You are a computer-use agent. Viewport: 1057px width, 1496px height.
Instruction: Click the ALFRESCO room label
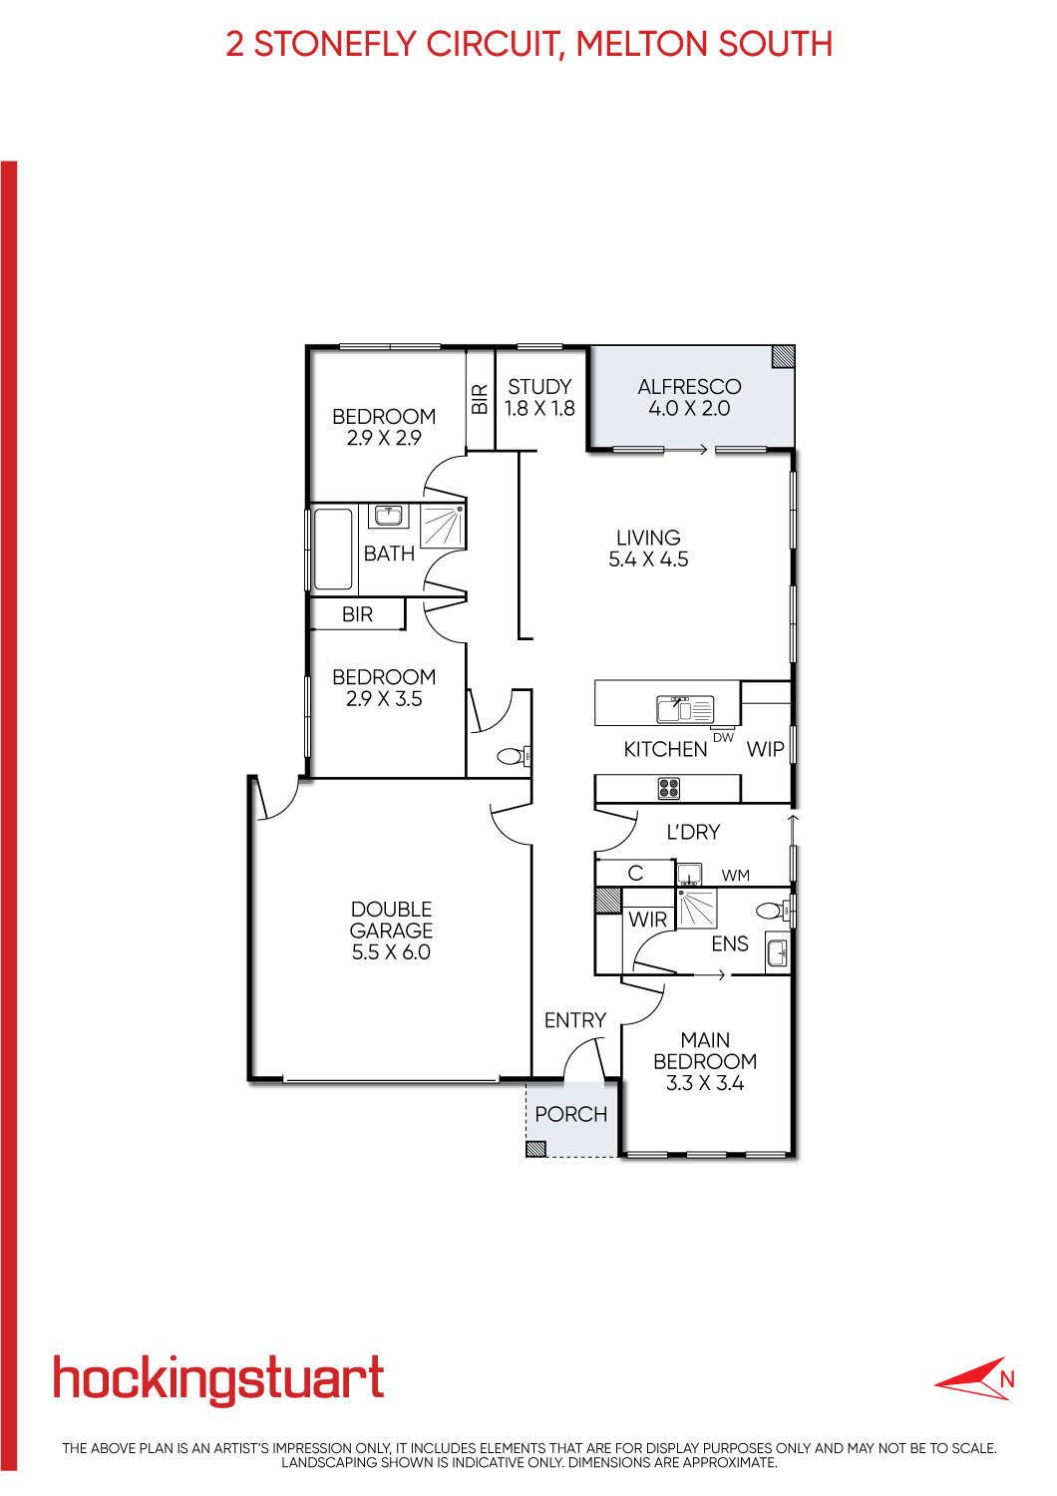coord(689,387)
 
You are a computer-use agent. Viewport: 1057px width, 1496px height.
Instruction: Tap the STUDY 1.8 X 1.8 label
coord(539,397)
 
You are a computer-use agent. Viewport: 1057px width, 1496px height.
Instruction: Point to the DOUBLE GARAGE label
coord(391,920)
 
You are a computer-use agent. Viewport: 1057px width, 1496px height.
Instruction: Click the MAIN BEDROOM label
coord(705,1050)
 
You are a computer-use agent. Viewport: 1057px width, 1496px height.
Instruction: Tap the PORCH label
coord(571,1114)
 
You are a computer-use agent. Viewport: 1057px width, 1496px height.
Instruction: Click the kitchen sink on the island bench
coord(685,709)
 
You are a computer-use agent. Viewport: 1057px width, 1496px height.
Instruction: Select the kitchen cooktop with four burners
coord(669,788)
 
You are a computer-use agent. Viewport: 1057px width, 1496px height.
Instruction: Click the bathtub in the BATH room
coord(333,550)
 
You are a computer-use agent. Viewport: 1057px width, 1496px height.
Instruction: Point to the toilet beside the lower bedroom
coord(515,757)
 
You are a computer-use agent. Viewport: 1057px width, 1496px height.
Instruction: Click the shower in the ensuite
coord(697,909)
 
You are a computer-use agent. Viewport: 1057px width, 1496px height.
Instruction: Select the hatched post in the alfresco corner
coord(783,356)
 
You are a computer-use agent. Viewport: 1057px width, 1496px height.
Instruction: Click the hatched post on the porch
coord(535,1149)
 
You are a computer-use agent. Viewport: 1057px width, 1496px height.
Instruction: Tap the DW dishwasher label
coord(723,737)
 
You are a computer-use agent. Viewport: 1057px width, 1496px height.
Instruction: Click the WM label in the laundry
coord(735,875)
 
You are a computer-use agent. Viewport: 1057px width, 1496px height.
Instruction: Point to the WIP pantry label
coord(765,749)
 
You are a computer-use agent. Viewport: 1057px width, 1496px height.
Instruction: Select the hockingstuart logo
coord(218,1380)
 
